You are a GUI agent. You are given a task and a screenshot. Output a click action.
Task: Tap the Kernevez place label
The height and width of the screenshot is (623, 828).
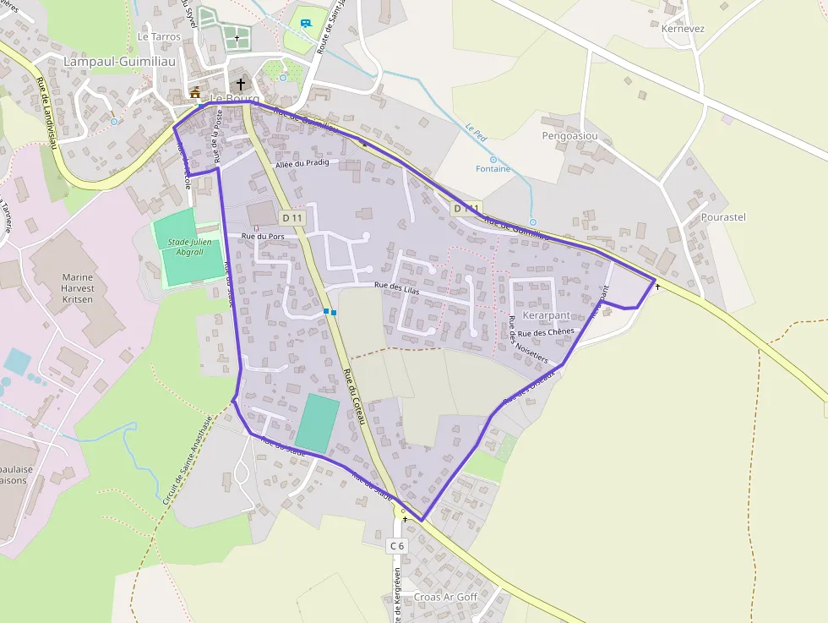click(684, 29)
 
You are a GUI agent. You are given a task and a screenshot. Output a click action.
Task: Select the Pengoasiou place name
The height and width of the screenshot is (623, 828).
click(569, 135)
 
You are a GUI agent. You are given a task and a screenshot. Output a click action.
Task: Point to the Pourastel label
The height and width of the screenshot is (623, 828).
click(723, 217)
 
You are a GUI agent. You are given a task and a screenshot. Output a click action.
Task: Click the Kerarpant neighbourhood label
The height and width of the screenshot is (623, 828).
click(547, 315)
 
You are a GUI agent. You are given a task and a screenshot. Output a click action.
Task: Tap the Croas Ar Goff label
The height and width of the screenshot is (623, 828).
click(445, 597)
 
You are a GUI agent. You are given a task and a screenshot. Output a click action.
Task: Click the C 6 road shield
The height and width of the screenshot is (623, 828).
click(397, 546)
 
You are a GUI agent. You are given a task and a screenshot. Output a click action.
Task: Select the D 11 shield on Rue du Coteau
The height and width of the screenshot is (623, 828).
click(292, 218)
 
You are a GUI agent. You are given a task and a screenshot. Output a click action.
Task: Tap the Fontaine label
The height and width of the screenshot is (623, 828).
click(493, 169)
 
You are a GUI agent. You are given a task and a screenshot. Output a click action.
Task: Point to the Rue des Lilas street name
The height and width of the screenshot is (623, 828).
click(397, 287)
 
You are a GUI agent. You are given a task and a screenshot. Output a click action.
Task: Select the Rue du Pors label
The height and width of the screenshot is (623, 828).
click(263, 237)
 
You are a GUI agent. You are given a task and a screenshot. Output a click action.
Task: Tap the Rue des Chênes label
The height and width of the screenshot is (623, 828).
click(547, 332)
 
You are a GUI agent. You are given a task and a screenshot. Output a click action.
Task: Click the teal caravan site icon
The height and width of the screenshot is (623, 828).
click(305, 24)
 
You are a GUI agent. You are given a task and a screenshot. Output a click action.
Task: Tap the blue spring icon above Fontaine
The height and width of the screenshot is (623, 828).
click(493, 158)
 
